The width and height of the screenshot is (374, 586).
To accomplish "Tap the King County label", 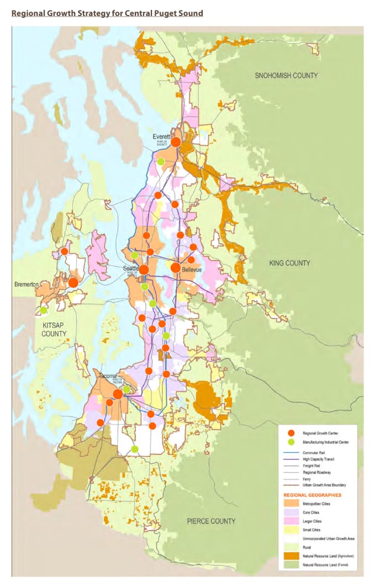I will pyautogui.click(x=290, y=263).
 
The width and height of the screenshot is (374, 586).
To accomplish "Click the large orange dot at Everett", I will pyautogui.click(x=176, y=142).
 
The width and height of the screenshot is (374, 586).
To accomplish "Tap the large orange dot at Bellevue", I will pyautogui.click(x=175, y=268).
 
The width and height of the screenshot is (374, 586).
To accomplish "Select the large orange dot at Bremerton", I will pyautogui.click(x=73, y=282).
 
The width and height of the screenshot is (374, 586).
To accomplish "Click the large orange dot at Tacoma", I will pyautogui.click(x=118, y=394).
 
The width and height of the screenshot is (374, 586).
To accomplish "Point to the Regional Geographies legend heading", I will pyautogui.click(x=312, y=495).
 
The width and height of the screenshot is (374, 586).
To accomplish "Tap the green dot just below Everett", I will pyautogui.click(x=161, y=161).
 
